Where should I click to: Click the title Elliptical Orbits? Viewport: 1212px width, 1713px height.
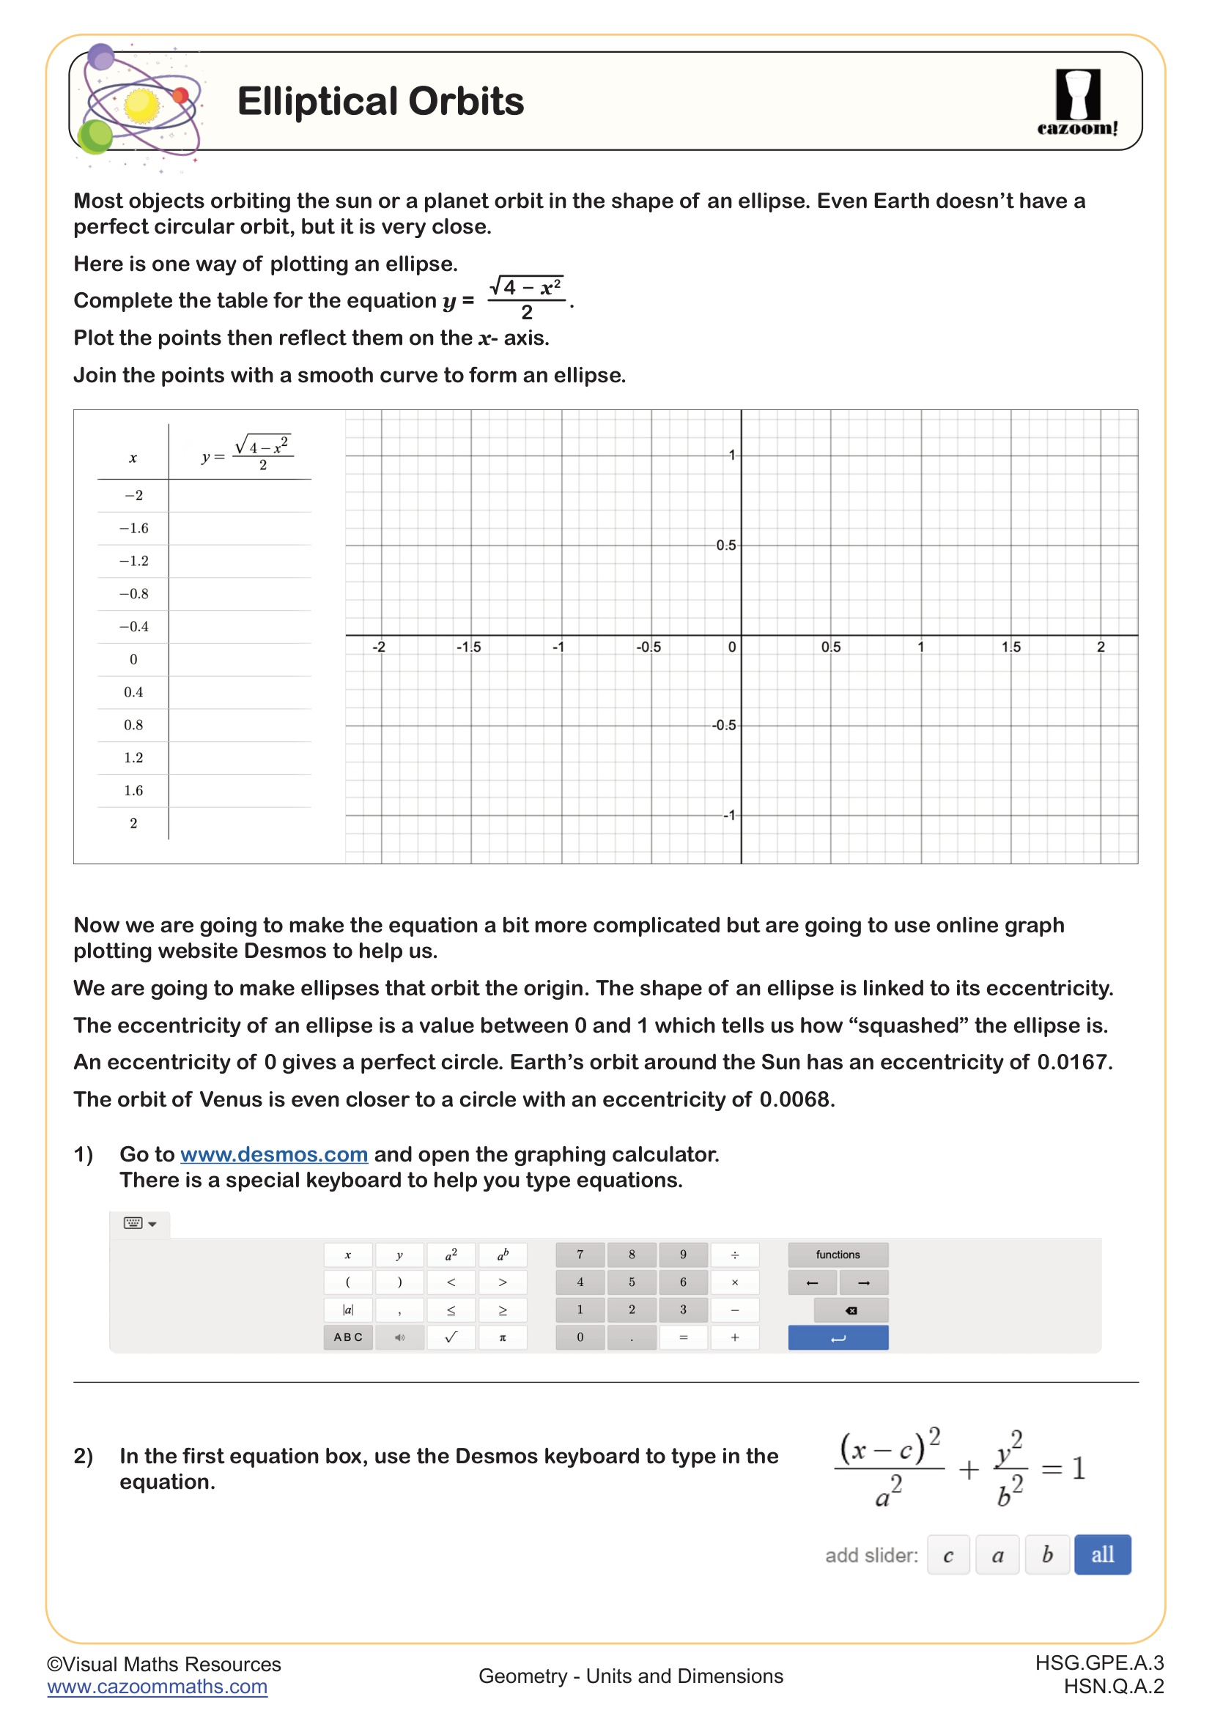coord(380,102)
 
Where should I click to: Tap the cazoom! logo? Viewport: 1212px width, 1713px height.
coord(1077,102)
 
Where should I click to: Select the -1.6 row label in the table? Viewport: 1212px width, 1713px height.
coord(133,528)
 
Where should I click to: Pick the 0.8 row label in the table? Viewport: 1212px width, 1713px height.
coord(133,724)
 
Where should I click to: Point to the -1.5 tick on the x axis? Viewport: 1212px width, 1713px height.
coord(470,647)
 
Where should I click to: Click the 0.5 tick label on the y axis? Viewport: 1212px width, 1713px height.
coord(725,546)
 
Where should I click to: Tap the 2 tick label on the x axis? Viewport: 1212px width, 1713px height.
coord(1100,647)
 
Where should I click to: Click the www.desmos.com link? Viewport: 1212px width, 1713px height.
coord(274,1154)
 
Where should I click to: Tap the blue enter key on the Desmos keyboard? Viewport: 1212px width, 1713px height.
coord(838,1338)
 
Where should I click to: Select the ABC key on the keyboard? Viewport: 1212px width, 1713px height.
coord(348,1337)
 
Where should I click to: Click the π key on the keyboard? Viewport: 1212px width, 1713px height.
coord(502,1337)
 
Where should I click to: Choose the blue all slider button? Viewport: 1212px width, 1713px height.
coord(1101,1555)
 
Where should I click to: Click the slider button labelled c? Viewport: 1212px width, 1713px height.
coord(947,1555)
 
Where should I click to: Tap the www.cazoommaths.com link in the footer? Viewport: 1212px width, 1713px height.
coord(157,1687)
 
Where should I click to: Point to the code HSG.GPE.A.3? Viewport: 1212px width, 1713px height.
coord(1098,1663)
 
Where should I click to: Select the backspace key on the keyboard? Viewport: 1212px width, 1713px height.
coord(851,1310)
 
